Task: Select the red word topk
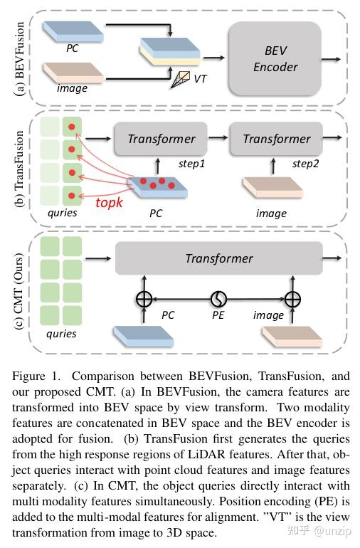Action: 110,202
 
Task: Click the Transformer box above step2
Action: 276,139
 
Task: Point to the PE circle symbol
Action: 218,299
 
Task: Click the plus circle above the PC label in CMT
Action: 144,299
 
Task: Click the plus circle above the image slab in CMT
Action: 293,299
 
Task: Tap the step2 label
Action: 306,164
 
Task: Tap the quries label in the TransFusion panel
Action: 61,213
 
